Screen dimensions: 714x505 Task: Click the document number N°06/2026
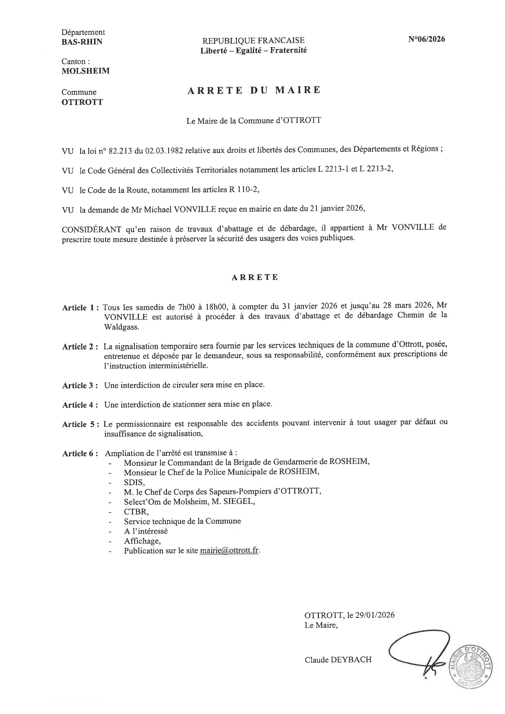(x=426, y=39)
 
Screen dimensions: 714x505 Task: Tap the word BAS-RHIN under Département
(x=82, y=42)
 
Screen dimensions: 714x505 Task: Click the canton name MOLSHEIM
(x=86, y=71)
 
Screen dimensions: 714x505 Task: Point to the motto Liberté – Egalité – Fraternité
(x=253, y=50)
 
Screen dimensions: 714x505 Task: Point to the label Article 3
(x=80, y=385)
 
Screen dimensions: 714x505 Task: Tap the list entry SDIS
(x=134, y=482)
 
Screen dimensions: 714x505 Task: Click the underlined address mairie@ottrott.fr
(x=229, y=551)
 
